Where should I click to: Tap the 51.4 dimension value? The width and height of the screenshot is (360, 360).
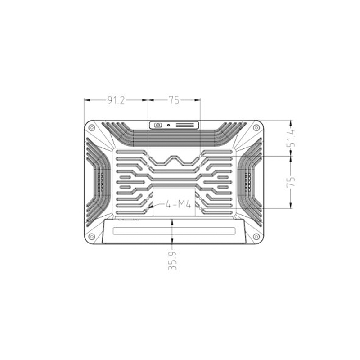(x=291, y=138)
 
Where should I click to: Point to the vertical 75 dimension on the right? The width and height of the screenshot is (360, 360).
(x=291, y=182)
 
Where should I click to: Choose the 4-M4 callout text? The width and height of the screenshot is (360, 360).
(x=179, y=205)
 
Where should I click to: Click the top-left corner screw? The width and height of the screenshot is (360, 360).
(x=92, y=128)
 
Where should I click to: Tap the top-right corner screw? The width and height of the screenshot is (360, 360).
(x=256, y=128)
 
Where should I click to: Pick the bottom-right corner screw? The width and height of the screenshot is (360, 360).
(x=256, y=237)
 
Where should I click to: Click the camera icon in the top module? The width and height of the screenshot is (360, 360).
(x=158, y=125)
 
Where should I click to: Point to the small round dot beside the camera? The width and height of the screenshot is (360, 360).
(x=168, y=125)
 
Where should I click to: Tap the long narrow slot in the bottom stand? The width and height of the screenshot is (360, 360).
(x=174, y=231)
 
